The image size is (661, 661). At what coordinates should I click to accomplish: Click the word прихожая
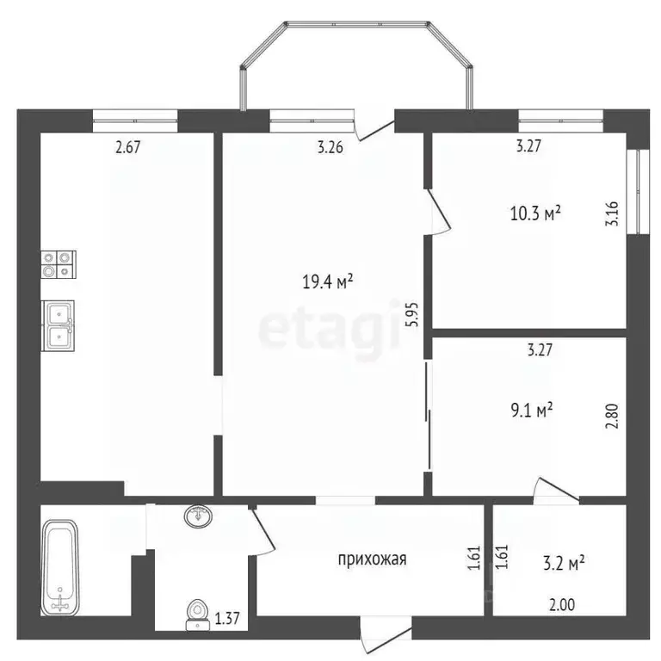(371, 559)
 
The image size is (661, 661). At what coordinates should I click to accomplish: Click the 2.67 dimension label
(127, 146)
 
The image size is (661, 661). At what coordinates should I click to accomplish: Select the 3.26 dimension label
(330, 146)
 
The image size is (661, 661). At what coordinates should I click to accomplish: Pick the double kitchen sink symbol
(59, 324)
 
